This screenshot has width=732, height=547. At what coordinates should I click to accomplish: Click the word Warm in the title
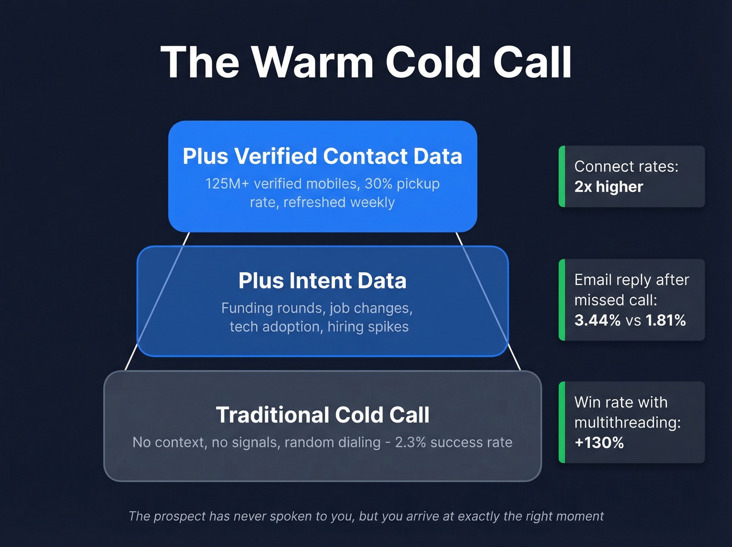312,63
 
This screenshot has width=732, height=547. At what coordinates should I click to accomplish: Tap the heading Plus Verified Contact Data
322,157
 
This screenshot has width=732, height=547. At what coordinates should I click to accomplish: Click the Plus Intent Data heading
322,281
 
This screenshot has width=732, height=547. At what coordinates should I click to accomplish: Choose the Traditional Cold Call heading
322,415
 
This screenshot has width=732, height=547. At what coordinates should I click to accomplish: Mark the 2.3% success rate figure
453,443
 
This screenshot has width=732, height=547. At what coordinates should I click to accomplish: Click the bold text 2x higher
609,187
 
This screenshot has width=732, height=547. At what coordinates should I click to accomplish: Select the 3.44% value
597,320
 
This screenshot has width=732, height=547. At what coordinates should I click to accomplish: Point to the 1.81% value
666,320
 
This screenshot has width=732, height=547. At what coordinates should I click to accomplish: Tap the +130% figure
599,443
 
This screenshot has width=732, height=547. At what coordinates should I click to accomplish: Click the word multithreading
626,422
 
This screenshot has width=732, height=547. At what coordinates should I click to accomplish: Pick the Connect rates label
626,166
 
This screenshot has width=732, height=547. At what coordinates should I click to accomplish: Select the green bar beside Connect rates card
562,176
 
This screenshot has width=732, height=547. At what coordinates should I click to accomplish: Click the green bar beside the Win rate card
562,422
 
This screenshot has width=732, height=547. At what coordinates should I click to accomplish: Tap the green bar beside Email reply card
562,300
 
